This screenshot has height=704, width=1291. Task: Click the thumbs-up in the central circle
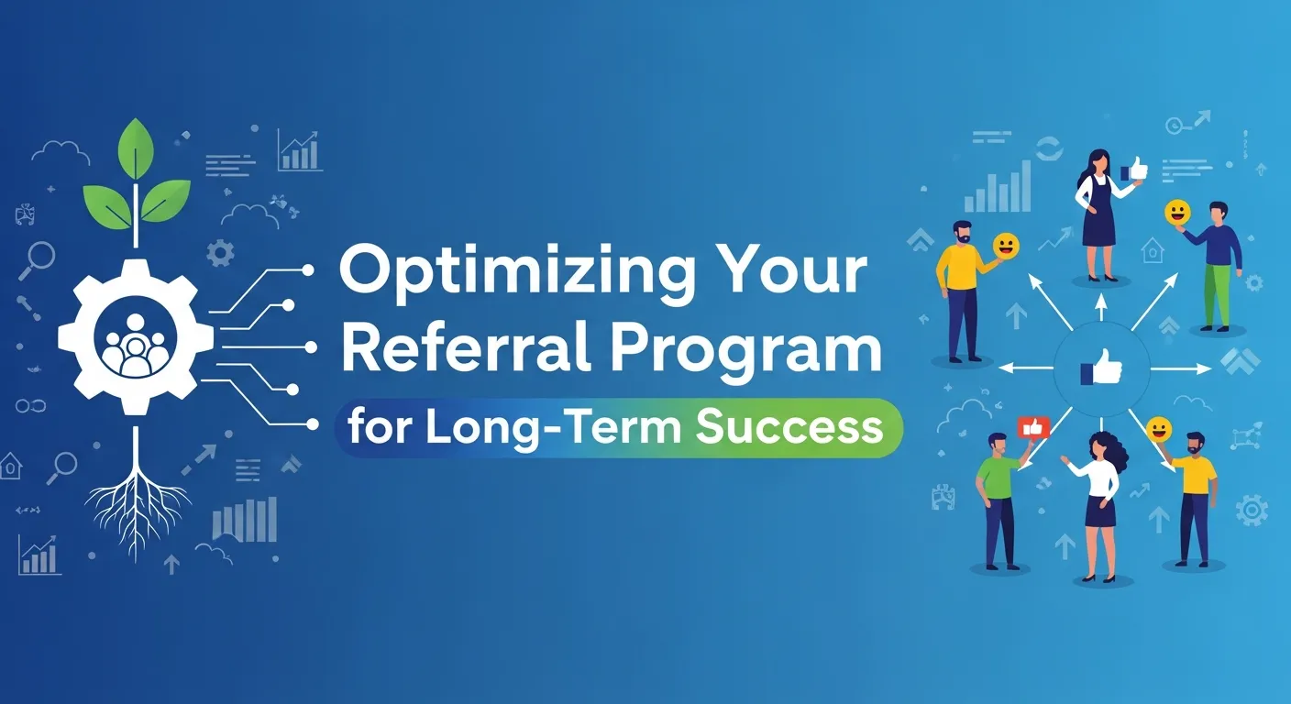[1100, 368]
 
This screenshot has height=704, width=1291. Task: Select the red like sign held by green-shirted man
[1032, 427]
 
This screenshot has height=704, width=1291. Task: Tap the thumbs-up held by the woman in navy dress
[1134, 170]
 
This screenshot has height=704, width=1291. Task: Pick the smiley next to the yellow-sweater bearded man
[1006, 246]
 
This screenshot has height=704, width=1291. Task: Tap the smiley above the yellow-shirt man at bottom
[1159, 428]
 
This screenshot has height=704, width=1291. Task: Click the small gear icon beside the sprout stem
[220, 253]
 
